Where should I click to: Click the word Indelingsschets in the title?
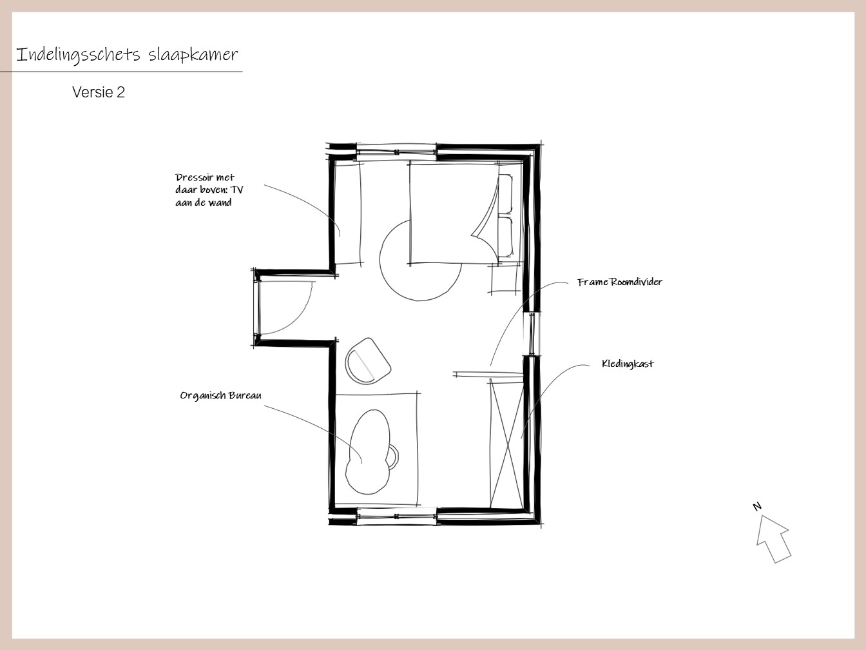[x=78, y=55]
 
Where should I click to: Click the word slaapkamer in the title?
[x=193, y=55]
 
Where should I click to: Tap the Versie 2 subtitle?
[x=99, y=92]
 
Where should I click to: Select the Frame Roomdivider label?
[x=620, y=282]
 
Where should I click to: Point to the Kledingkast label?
[x=628, y=364]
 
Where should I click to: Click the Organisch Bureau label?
[x=220, y=395]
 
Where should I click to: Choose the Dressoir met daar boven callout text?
[x=209, y=190]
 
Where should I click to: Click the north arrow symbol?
[x=773, y=539]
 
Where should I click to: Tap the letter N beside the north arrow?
[x=756, y=506]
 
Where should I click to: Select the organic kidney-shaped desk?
[x=368, y=452]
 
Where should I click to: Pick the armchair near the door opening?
[x=368, y=361]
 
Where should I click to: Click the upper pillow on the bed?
[x=505, y=194]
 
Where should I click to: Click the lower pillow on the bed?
[x=505, y=237]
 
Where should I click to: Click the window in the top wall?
[x=396, y=152]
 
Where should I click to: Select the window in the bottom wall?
[x=396, y=517]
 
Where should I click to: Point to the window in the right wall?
[x=532, y=333]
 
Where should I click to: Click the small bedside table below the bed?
[x=505, y=279]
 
